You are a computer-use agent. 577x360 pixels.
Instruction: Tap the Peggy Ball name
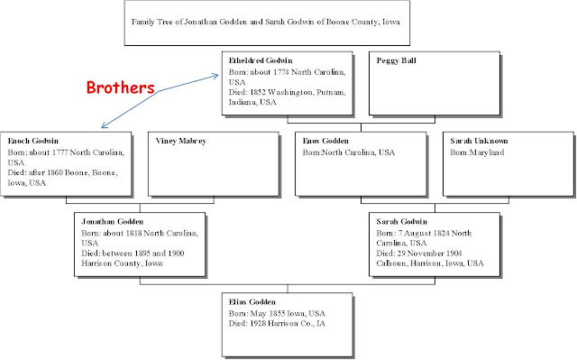pyautogui.click(x=398, y=60)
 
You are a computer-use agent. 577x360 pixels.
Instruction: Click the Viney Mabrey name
pyautogui.click(x=179, y=142)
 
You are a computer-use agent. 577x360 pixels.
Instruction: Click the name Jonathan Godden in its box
pyautogui.click(x=112, y=221)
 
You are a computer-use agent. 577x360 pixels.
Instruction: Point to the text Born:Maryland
pyautogui.click(x=478, y=152)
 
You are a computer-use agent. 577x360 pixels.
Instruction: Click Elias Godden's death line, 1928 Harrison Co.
pyautogui.click(x=277, y=322)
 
